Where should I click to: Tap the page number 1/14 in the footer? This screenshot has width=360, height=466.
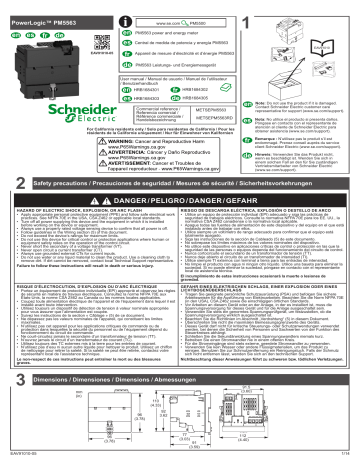(348, 460)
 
